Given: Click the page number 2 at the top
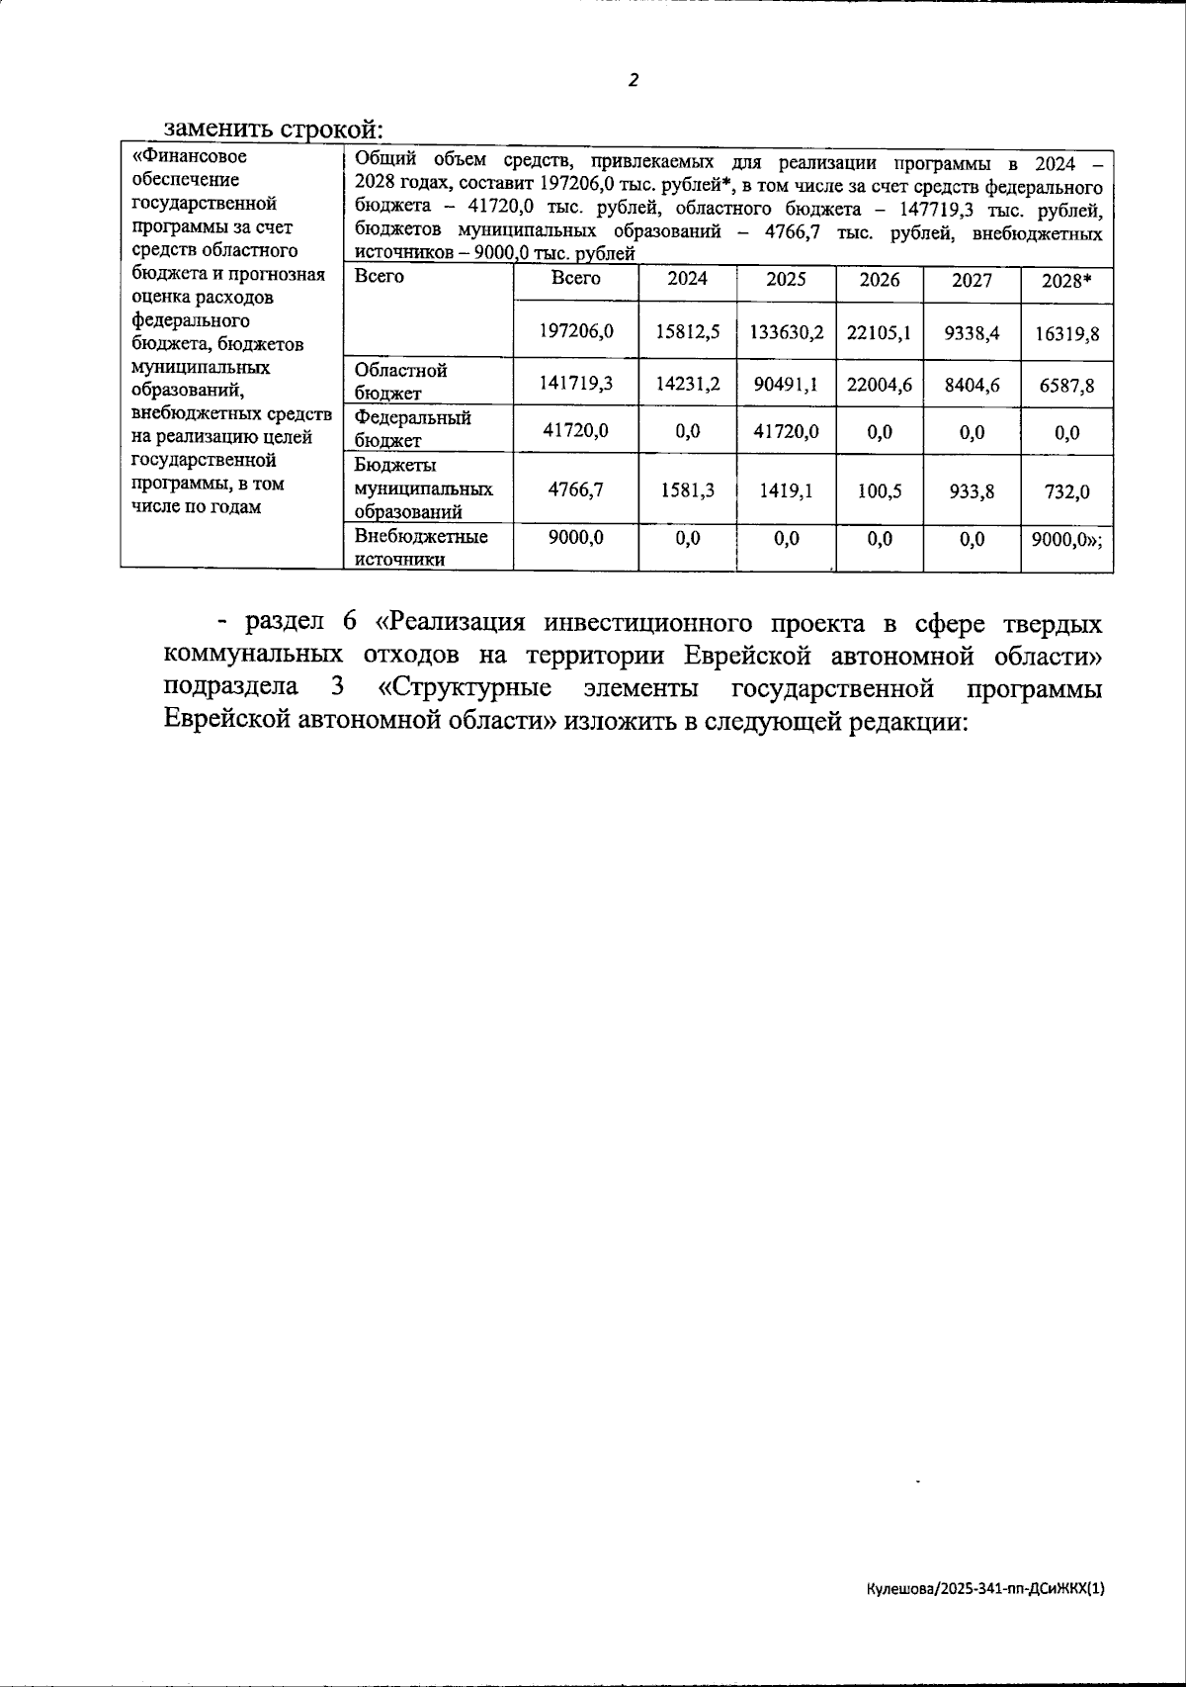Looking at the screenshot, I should click(634, 81).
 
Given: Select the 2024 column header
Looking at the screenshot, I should click(687, 279).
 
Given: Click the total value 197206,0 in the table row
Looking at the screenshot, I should click(575, 332).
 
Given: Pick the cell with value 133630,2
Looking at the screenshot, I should click(786, 332).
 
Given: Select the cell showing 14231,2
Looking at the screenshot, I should click(687, 383).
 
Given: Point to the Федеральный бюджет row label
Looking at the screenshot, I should click(412, 429).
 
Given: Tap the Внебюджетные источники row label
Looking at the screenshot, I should click(420, 547).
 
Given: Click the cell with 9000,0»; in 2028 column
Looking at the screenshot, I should click(1066, 538).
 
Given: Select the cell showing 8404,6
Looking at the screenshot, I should click(972, 383).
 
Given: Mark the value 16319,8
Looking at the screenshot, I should click(1066, 334).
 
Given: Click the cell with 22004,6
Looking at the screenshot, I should click(879, 383).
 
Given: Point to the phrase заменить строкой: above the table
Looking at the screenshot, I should click(273, 130).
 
